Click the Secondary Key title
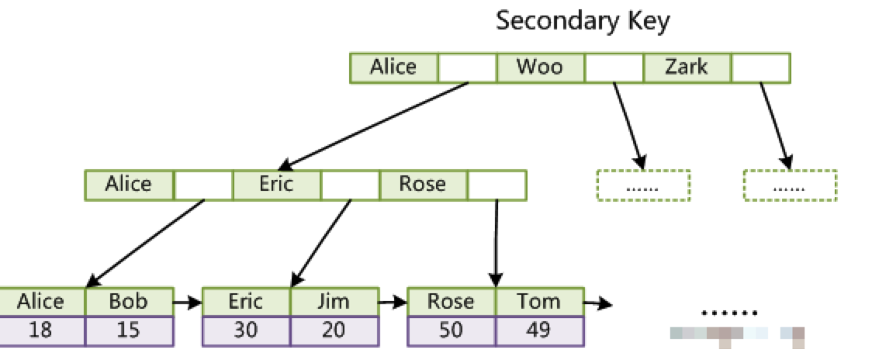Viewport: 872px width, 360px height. click(582, 21)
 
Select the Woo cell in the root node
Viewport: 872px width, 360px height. click(539, 67)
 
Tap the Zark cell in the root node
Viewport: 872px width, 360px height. click(687, 67)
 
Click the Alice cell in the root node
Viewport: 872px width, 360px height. click(393, 67)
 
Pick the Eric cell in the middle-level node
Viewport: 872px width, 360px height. click(276, 185)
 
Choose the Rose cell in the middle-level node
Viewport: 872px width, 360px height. click(423, 185)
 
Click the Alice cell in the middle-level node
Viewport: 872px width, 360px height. click(129, 185)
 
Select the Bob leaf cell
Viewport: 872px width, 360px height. click(129, 301)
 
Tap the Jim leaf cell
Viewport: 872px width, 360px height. click(334, 301)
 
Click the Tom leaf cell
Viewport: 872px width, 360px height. click(538, 301)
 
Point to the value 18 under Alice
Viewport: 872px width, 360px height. click(42, 331)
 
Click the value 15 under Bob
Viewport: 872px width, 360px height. click(129, 331)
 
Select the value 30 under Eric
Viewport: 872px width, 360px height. click(246, 331)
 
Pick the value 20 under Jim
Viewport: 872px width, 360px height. click(334, 331)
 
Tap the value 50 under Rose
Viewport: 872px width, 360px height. click(451, 331)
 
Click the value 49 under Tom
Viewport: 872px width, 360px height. click(538, 331)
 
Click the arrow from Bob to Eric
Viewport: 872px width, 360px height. click(188, 302)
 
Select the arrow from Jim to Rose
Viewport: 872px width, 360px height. click(393, 302)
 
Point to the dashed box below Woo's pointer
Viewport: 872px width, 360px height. click(642, 185)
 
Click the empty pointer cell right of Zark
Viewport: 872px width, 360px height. click(761, 67)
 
